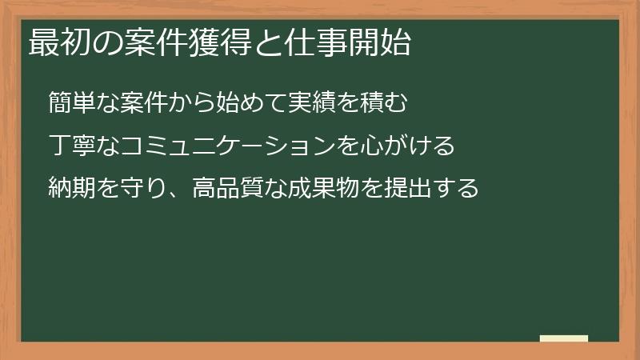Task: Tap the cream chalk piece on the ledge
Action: (564, 338)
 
